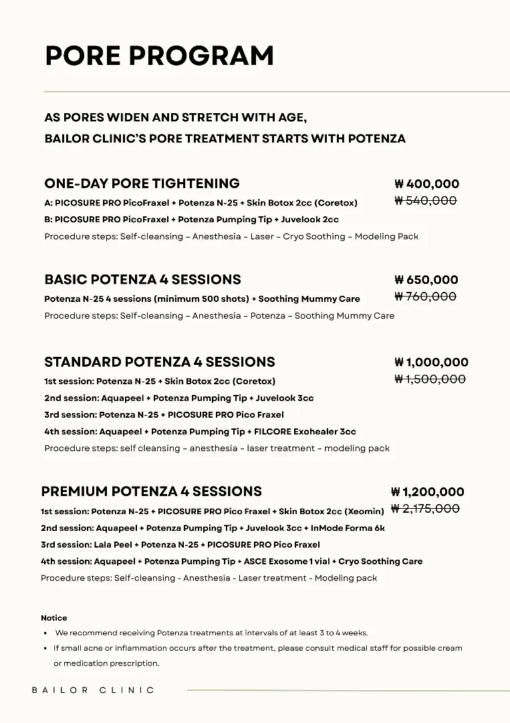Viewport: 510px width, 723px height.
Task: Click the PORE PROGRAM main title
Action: point(159,56)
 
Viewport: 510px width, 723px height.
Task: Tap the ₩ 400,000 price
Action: point(426,184)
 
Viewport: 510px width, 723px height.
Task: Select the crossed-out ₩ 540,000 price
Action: point(426,201)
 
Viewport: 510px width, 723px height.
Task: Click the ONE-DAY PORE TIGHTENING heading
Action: point(142,183)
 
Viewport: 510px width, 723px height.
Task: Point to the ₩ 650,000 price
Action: point(426,280)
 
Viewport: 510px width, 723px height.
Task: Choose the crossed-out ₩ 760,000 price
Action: point(426,297)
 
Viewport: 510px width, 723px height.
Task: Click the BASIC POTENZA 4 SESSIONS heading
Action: point(142,279)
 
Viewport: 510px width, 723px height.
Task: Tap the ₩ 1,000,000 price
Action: point(431,362)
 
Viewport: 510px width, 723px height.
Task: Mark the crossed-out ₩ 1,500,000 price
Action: point(430,379)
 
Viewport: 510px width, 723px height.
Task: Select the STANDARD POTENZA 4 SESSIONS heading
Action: point(159,362)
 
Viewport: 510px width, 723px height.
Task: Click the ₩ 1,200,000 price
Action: point(427,492)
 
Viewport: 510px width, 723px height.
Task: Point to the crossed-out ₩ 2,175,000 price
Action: point(425,509)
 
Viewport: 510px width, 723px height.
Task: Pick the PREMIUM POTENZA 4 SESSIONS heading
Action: point(151,491)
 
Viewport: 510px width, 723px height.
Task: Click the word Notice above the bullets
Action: point(54,618)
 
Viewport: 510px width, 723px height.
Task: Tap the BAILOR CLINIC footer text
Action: point(93,690)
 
